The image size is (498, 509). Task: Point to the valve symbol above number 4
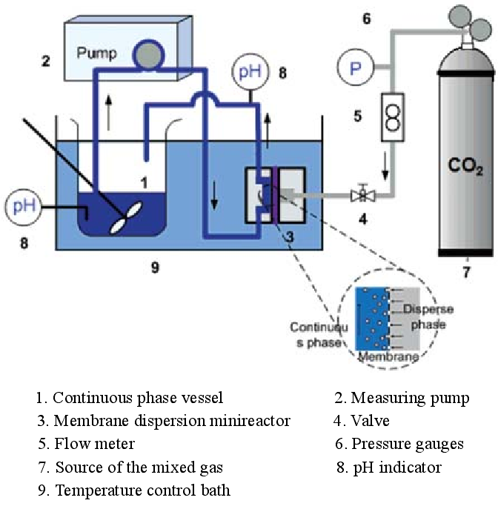[363, 196]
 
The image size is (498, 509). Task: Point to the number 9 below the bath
[155, 267]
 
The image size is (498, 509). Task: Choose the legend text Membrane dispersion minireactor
[164, 421]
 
